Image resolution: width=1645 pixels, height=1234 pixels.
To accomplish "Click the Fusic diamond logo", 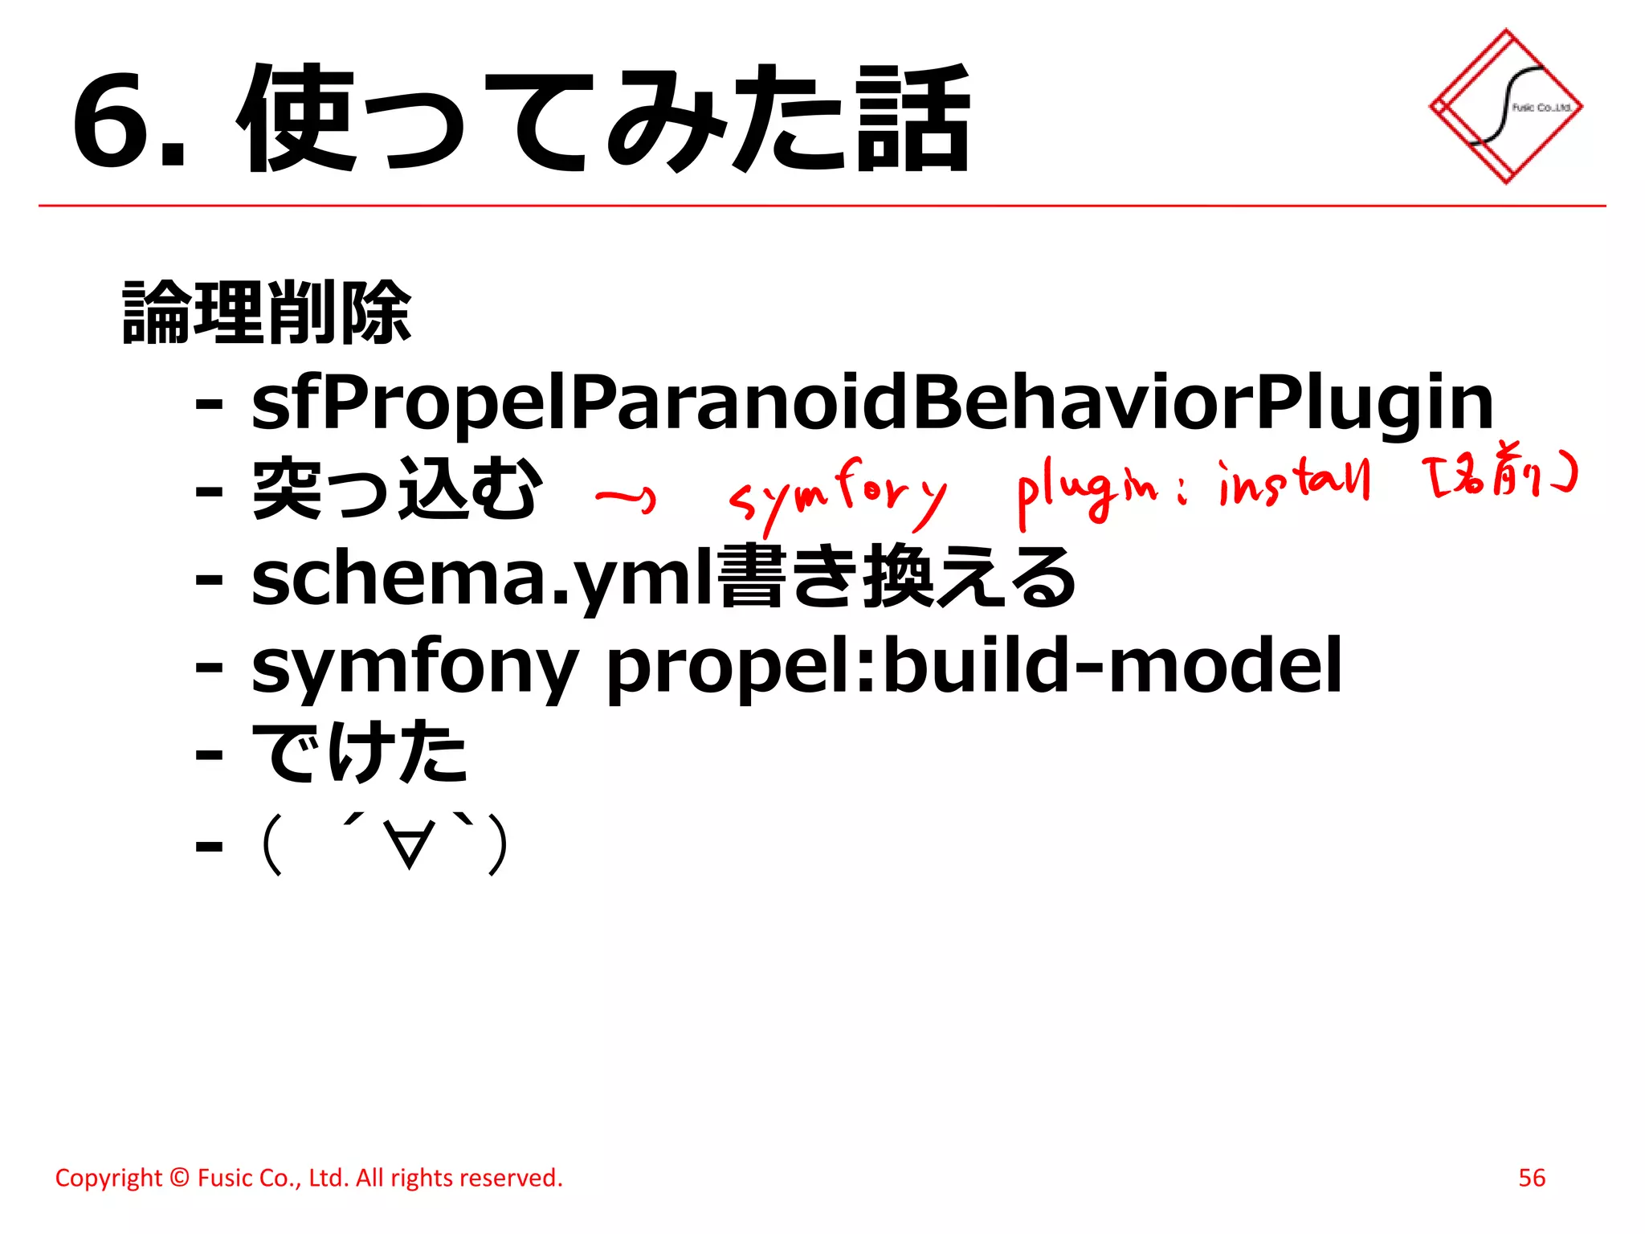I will point(1505,107).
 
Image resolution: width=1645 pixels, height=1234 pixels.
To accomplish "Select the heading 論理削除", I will point(267,313).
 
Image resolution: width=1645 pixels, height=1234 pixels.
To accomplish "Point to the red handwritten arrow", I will point(626,499).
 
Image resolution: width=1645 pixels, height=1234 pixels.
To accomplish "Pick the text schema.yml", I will point(482,578).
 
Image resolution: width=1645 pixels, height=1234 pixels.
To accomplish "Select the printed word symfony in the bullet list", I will point(414,667).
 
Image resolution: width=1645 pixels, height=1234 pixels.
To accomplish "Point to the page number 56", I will point(1531,1178).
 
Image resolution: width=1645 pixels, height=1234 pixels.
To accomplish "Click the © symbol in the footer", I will point(180,1178).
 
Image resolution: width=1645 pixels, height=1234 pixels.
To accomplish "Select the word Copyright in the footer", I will point(108,1178).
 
